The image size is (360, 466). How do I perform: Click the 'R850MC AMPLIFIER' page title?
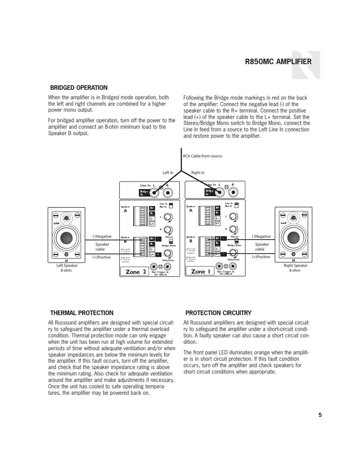(278, 62)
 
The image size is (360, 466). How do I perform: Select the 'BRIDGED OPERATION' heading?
(79, 88)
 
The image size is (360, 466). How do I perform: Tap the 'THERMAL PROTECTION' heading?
(82, 313)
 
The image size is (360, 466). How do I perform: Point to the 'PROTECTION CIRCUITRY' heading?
(218, 313)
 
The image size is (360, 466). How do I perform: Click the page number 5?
(320, 415)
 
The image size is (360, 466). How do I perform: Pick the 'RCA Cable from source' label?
(202, 156)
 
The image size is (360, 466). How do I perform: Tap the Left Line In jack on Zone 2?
(154, 192)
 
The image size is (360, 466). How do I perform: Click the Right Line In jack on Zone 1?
(234, 192)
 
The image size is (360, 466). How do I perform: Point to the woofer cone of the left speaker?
(66, 238)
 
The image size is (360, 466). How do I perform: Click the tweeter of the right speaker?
(293, 218)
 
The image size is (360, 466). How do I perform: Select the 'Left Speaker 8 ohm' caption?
(67, 268)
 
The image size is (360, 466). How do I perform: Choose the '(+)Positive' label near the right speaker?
(261, 257)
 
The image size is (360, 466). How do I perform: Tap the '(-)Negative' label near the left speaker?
(102, 237)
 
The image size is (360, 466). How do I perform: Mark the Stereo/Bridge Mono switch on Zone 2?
(171, 241)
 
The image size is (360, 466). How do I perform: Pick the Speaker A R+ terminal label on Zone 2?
(152, 208)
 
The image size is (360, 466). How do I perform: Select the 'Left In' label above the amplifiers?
(168, 173)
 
